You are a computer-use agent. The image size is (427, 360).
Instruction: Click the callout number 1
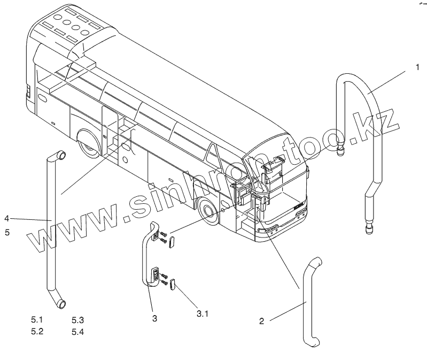[417, 67]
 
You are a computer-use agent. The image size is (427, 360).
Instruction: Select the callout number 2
[261, 321]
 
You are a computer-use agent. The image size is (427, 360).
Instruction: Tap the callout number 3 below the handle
[154, 319]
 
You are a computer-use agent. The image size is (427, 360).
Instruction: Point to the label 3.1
[201, 313]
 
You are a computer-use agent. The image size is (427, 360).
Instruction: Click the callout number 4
[7, 218]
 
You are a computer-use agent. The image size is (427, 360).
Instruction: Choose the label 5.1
[36, 320]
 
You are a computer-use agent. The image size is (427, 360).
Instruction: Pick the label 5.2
[36, 331]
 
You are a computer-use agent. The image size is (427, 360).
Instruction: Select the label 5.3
[77, 320]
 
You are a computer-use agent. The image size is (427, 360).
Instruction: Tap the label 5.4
[77, 332]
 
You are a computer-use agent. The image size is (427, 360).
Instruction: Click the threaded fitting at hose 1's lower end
[368, 229]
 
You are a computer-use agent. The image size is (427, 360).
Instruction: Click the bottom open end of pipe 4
[61, 304]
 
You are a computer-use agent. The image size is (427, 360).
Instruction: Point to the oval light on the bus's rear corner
[42, 98]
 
